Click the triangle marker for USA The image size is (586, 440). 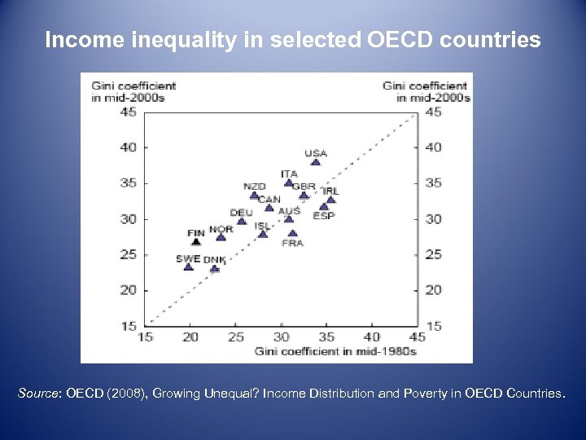coord(316,161)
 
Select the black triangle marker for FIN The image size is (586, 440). coord(196,241)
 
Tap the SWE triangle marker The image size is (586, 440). coord(189,266)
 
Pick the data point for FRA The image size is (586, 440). coord(292,233)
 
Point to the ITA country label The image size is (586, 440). coord(289,174)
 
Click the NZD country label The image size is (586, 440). coord(255,187)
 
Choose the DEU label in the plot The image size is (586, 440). coord(241,213)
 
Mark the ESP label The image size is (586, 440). coord(323,216)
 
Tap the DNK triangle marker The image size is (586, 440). coord(214,268)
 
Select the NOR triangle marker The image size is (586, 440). coord(221,237)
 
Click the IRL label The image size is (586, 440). coord(331,191)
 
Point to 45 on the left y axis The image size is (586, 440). coord(128,112)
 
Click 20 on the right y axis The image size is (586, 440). coord(434,290)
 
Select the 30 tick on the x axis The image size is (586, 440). coord(282,337)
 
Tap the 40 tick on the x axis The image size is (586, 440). coord(372,337)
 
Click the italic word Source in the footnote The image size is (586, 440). coord(38,394)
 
